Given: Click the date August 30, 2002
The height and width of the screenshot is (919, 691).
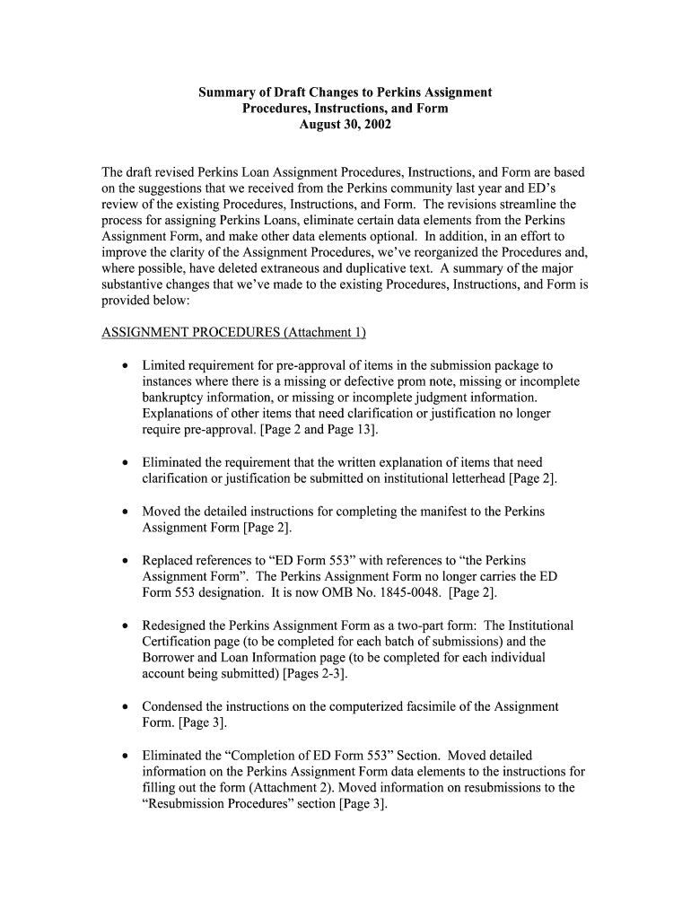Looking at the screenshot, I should pyautogui.click(x=345, y=125).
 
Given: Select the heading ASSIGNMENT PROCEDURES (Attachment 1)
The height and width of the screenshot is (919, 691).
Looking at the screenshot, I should pyautogui.click(x=234, y=332).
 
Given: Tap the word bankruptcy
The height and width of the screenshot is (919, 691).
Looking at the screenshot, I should pyautogui.click(x=173, y=397).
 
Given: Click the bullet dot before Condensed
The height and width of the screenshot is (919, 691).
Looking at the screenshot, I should pyautogui.click(x=124, y=707).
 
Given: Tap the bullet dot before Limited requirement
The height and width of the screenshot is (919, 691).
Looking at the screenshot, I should pyautogui.click(x=124, y=365).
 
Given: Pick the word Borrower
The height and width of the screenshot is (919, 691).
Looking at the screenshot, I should pyautogui.click(x=170, y=657).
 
